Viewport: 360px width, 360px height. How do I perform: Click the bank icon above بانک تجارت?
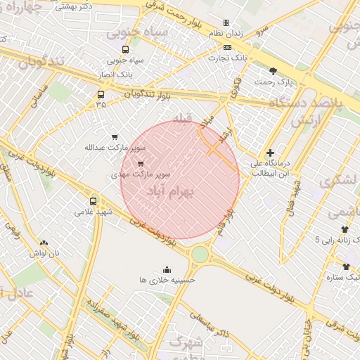coord(226,48)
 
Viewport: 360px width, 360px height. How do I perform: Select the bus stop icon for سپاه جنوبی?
coord(125,49)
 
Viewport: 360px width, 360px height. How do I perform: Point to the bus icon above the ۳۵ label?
coord(101,94)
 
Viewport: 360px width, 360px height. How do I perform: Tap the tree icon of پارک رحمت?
coord(273,70)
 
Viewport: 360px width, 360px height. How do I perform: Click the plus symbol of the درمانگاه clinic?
coord(270,153)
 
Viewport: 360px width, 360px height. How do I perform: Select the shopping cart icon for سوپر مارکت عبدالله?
coord(115,137)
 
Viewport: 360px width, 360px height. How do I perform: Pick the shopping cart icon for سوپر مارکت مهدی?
coord(141,163)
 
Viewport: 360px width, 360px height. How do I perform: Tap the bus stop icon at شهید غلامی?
coord(94,200)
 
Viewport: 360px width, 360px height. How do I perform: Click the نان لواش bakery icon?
coord(44,243)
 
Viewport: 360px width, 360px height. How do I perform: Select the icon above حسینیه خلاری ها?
coord(167,269)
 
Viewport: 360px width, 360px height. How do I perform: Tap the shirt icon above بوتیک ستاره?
coord(345,266)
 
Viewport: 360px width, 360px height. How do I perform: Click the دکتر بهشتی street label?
coord(78,6)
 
